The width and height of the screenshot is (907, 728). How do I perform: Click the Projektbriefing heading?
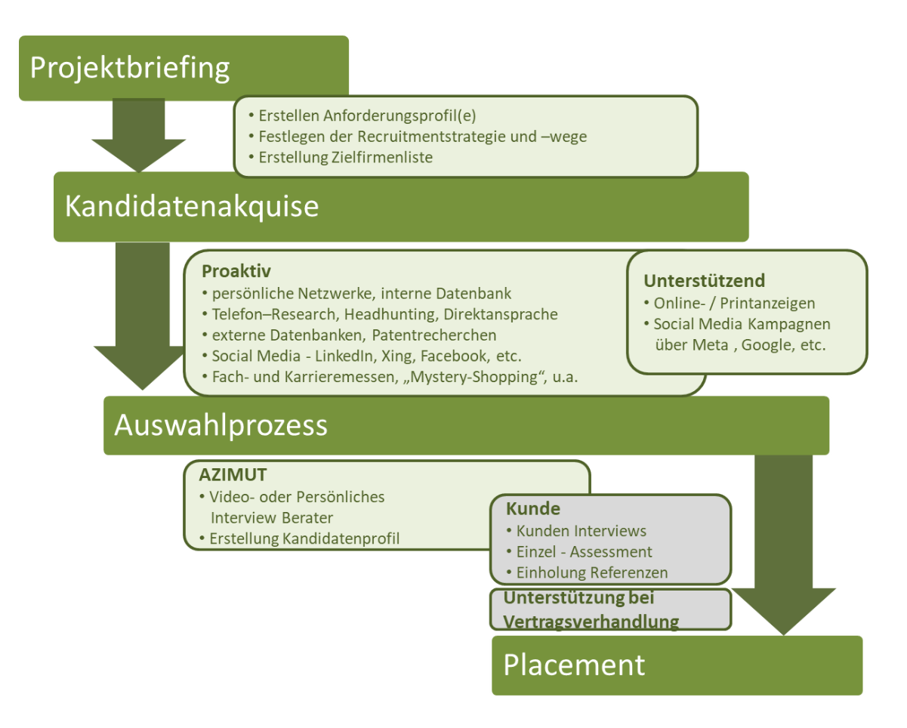[x=130, y=68]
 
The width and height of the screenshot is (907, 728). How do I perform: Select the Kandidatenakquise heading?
[x=192, y=206]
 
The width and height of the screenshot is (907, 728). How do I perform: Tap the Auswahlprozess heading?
[x=221, y=425]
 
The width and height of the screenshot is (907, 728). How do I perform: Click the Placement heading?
[x=574, y=665]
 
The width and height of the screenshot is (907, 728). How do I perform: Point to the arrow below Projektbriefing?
[x=138, y=134]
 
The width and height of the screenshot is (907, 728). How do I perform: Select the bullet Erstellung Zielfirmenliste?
[x=345, y=157]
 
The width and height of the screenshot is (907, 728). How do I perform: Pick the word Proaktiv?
[x=236, y=271]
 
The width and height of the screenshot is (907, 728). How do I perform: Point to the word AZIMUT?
[x=233, y=476]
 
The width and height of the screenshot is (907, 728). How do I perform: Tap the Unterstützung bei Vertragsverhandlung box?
[x=610, y=609]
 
